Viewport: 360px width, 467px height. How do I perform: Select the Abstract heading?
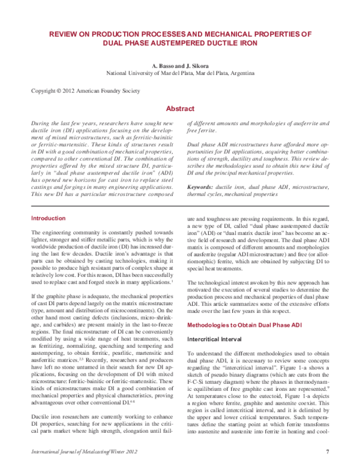pos(179,109)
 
